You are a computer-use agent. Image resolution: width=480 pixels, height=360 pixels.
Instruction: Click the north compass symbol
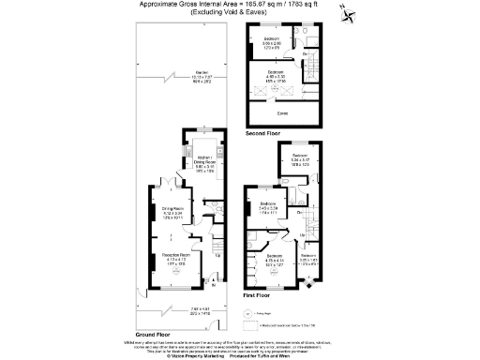[x=349, y=14]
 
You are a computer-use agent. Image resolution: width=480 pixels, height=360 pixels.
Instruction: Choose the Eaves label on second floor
[x=281, y=113]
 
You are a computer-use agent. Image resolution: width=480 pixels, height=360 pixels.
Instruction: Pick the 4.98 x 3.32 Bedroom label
[x=276, y=77]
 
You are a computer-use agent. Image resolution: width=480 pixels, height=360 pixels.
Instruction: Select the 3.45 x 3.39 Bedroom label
[x=267, y=208]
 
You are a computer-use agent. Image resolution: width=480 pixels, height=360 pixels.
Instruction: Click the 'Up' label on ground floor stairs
[x=219, y=253]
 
